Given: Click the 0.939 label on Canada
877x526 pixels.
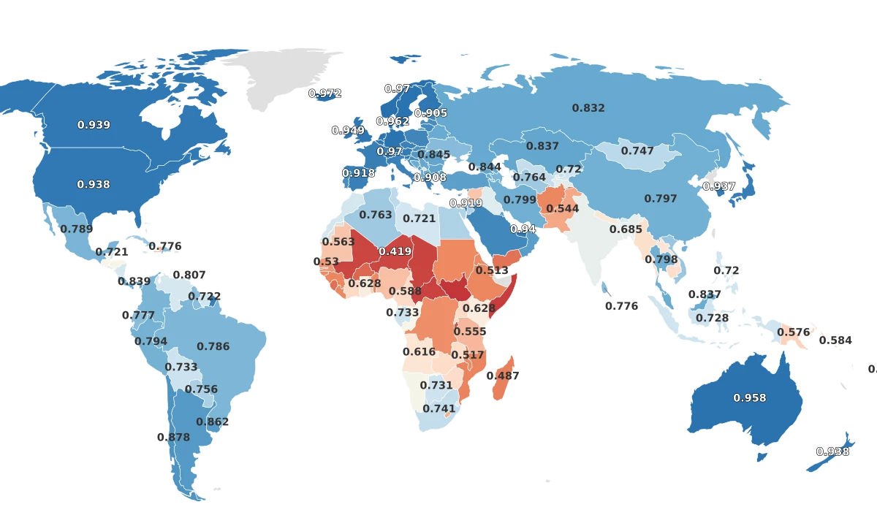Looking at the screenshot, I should pos(94,125).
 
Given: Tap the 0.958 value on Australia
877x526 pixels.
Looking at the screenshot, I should pos(750,398).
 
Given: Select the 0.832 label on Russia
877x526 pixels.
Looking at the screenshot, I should pos(588,108).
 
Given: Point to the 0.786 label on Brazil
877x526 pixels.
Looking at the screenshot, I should pos(213,347).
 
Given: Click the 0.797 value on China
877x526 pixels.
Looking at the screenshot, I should pos(661,199).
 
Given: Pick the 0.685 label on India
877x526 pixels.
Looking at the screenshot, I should pos(626,229).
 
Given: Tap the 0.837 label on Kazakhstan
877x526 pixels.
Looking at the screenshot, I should pos(542,147).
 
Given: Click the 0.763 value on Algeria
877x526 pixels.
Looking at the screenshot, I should pos(376,215).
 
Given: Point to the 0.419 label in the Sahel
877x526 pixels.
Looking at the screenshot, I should pos(395,252).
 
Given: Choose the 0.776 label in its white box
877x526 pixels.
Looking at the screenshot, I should pos(622,306).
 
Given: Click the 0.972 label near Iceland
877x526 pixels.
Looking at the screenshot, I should pos(324,94).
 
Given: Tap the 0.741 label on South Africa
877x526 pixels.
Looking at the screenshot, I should pos(439,409).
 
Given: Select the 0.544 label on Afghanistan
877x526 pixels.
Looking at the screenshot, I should pos(562,209).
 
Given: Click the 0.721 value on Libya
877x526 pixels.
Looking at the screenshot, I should pos(419,219).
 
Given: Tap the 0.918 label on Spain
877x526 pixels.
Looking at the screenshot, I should pos(358,173).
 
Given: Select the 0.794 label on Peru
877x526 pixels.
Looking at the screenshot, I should pos(151,341).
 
